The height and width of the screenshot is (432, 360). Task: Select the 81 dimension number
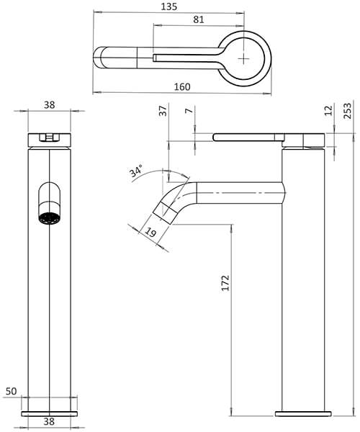pos(198,20)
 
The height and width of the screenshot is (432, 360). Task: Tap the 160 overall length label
pos(182,87)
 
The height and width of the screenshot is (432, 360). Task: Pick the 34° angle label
pos(136,172)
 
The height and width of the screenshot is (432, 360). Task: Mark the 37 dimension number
pos(163,112)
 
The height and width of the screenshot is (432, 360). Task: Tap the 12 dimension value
pos(328,111)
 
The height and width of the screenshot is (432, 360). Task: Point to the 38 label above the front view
pos(49,104)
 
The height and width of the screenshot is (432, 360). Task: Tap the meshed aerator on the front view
pos(48,218)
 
